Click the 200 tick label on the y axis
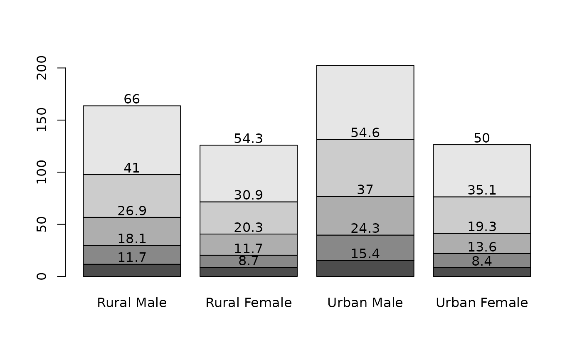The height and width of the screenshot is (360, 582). [42, 68]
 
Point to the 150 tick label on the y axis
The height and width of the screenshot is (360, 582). [42, 120]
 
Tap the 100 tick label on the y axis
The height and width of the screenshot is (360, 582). [42, 172]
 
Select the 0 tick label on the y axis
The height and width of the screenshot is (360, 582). [42, 276]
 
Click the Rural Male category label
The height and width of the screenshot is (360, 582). [132, 303]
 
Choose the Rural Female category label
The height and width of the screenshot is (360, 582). [249, 303]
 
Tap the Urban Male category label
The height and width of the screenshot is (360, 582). [365, 303]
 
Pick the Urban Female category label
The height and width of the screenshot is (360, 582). [482, 303]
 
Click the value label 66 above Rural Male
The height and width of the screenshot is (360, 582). [132, 99]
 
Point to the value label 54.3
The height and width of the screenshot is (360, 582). [249, 138]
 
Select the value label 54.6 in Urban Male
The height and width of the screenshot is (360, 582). [365, 133]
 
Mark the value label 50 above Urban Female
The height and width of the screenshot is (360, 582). [482, 138]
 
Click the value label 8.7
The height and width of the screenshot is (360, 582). [249, 261]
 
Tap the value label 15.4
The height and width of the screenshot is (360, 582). [365, 254]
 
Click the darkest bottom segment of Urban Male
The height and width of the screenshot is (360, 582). [365, 268]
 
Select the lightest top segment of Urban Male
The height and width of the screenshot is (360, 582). [365, 103]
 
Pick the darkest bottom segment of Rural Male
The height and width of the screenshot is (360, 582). [132, 270]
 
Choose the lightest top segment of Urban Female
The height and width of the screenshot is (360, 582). [482, 171]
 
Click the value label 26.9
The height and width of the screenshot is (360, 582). [132, 211]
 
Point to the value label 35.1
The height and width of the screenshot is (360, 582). [482, 190]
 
